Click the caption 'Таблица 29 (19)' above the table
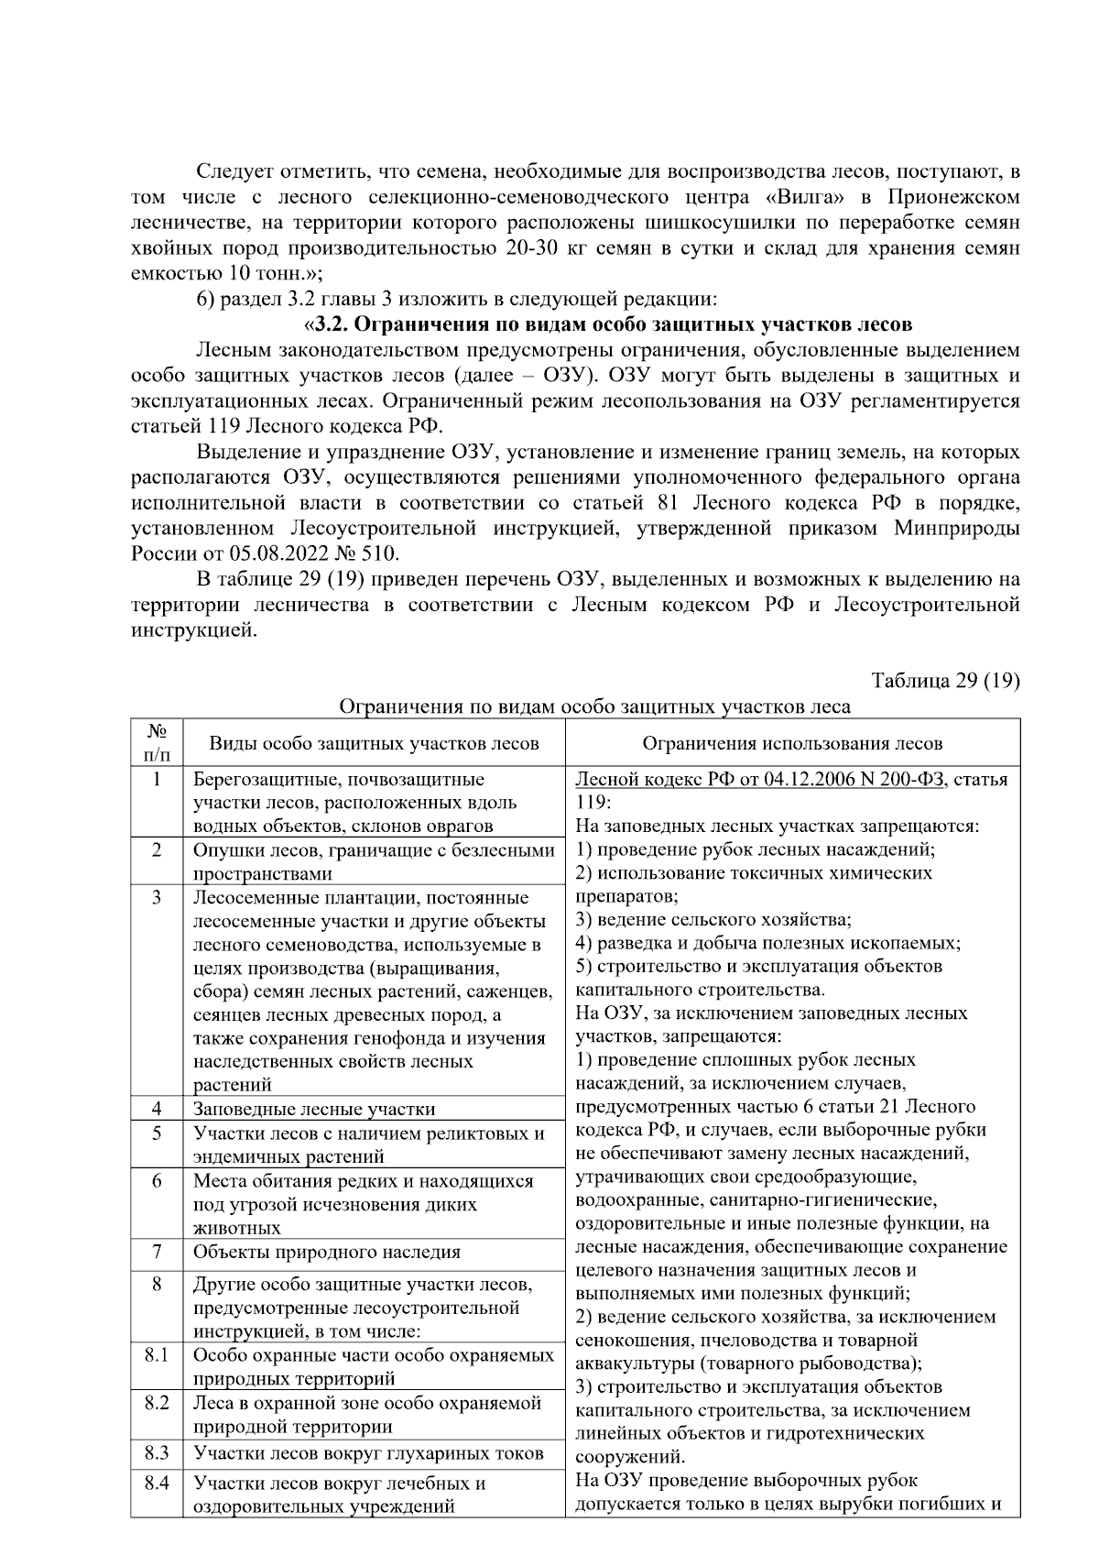[945, 681]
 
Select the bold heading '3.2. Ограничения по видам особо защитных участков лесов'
[612, 324]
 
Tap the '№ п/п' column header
[157, 742]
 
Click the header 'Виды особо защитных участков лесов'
[374, 743]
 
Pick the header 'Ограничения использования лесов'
[792, 743]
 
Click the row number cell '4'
[157, 1109]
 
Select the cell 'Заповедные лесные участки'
[314, 1110]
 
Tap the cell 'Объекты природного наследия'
[326, 1253]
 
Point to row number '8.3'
[157, 1452]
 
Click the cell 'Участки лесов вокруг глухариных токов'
[368, 1453]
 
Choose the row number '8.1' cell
[157, 1355]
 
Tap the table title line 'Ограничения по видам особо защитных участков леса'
[594, 706]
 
